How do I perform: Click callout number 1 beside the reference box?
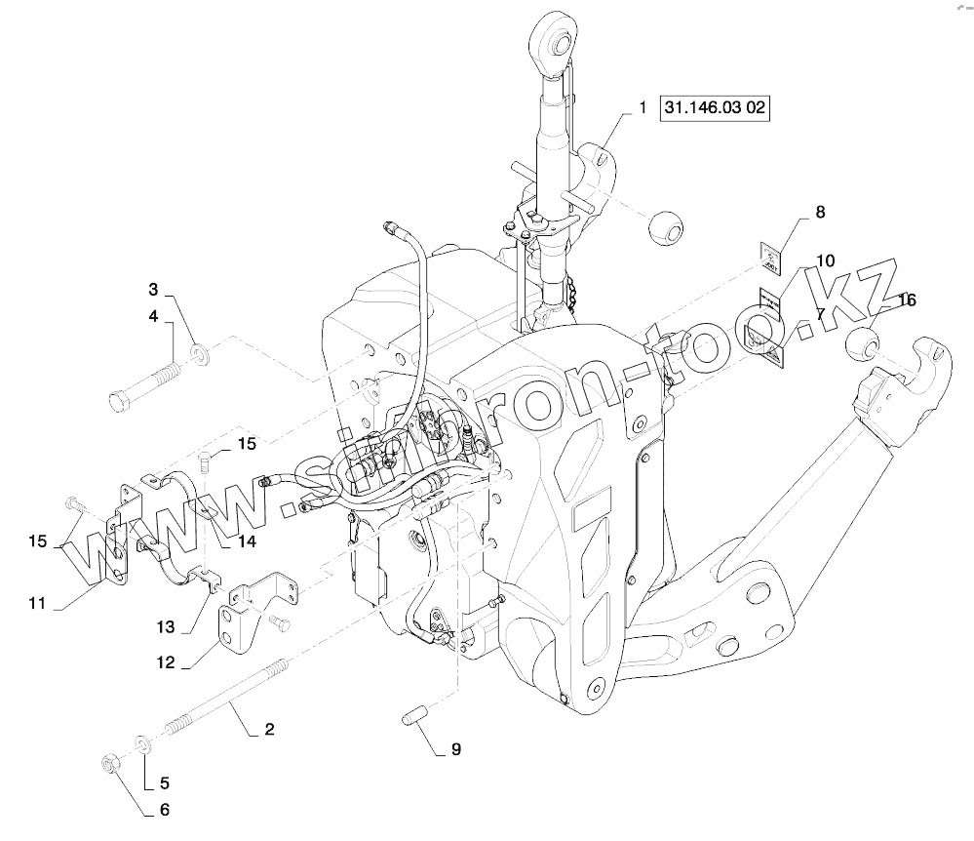643,108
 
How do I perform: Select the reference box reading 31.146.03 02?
715,108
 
